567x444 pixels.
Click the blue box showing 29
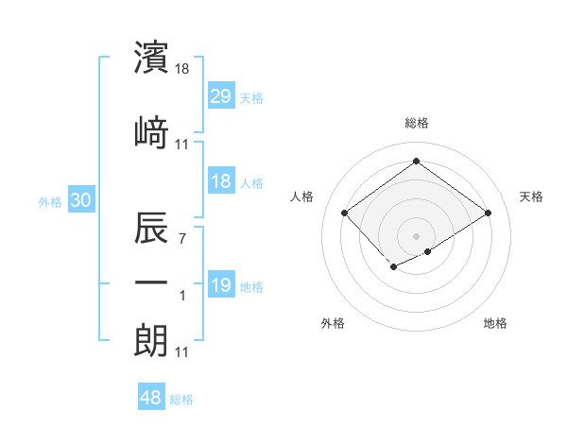(x=220, y=95)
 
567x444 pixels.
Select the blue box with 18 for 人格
(x=220, y=181)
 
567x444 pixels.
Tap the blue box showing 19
(x=220, y=285)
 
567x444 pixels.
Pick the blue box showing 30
(x=80, y=200)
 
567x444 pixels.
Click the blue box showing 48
(x=151, y=398)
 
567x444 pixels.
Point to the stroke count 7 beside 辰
(x=182, y=238)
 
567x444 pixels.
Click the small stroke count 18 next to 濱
(x=182, y=69)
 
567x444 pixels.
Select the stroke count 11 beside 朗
(x=182, y=352)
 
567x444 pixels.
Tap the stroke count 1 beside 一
(x=182, y=296)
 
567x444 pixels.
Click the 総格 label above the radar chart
(x=416, y=123)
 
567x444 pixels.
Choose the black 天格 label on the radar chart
(x=531, y=196)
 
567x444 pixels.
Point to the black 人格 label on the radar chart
(x=302, y=196)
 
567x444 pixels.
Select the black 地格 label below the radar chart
(x=495, y=323)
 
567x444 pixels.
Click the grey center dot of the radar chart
(x=416, y=235)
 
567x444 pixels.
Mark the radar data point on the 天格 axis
(x=489, y=213)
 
